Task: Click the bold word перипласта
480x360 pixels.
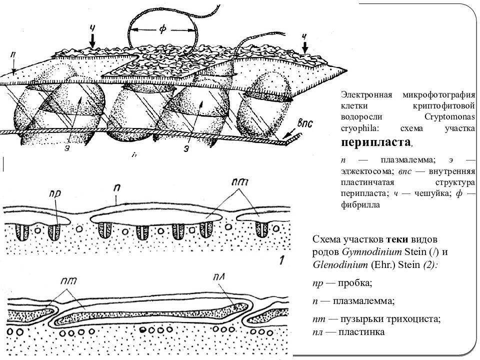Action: coord(376,142)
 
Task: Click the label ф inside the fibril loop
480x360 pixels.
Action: coord(162,29)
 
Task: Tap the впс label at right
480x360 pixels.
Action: coord(305,123)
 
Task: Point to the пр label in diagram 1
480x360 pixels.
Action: coord(55,194)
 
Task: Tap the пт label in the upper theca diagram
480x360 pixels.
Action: coord(239,182)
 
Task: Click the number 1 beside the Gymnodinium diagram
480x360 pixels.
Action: coord(281,260)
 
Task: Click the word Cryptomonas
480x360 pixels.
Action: coord(449,117)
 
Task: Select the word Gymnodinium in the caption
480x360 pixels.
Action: coord(372,252)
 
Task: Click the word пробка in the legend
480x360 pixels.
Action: coord(355,283)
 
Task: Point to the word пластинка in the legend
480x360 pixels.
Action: coord(361,332)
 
